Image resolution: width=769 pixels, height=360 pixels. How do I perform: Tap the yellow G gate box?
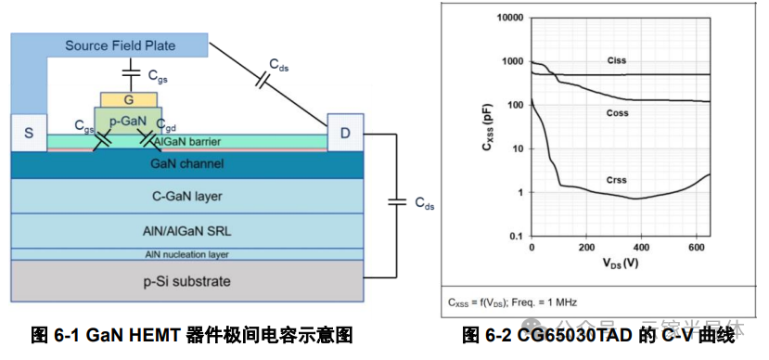coord(129,98)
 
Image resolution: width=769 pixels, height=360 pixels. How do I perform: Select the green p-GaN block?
coord(129,121)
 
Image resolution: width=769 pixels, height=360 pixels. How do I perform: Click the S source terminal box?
coord(28,134)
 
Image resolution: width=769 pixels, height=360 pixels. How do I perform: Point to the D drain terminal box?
coord(345,134)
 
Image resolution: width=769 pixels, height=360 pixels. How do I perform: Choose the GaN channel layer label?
coord(186,164)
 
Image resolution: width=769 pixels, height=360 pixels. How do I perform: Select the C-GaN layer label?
coord(186,196)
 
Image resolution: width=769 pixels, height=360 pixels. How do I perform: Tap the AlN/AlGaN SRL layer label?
coord(186,228)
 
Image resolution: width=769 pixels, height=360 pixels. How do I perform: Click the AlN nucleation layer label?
coord(186,253)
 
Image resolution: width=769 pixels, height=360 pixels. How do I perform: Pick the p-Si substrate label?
coord(186,280)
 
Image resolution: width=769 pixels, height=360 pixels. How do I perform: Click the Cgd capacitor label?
coord(166,124)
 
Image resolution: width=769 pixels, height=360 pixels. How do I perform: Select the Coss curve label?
coord(616,113)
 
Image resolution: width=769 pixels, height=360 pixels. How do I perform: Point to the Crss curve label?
coord(616,180)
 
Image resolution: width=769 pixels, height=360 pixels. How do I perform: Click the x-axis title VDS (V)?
coord(619,264)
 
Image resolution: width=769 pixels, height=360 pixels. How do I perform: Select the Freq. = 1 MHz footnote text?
coord(552,302)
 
